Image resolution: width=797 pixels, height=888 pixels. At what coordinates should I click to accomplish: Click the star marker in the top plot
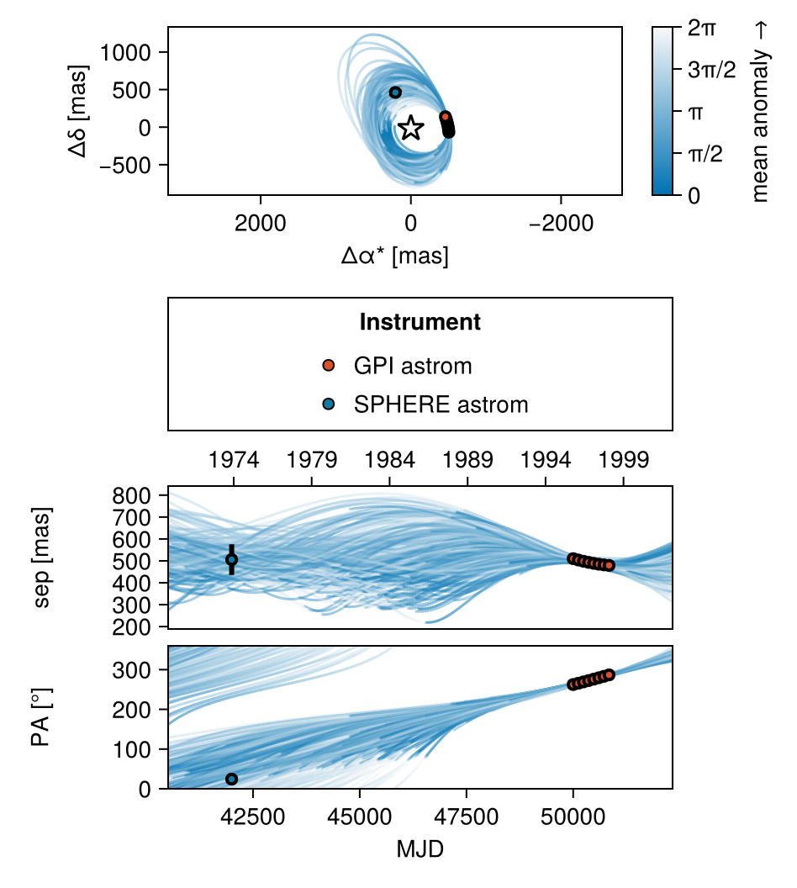click(x=410, y=128)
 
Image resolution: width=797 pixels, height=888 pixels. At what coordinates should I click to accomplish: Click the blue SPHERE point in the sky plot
click(x=395, y=92)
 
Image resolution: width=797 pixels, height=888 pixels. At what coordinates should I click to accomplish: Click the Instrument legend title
click(x=420, y=322)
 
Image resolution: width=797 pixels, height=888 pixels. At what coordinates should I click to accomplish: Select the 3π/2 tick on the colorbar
click(x=712, y=71)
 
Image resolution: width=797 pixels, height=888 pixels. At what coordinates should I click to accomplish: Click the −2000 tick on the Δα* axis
click(x=561, y=223)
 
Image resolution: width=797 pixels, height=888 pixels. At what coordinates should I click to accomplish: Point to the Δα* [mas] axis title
click(x=395, y=255)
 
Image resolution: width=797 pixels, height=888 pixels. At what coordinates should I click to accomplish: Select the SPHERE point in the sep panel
click(x=232, y=559)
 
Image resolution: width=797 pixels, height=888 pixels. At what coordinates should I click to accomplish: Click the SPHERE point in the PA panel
click(x=232, y=779)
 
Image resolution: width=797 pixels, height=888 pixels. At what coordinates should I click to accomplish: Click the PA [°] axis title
click(x=40, y=717)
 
